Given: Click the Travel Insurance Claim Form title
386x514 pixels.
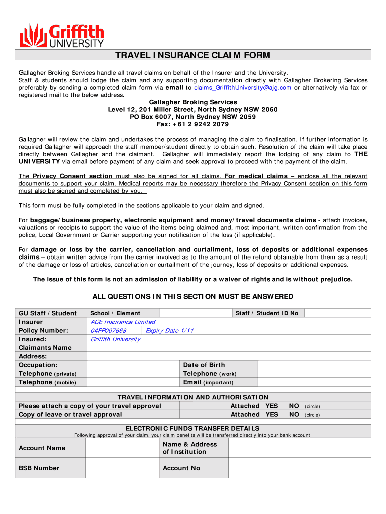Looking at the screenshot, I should coord(193,55).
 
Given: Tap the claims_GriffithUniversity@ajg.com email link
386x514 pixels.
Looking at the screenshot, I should coord(243,88).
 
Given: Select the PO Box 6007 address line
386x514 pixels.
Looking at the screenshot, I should coord(193,117).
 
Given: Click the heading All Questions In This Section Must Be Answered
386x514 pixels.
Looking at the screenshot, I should coord(193,297).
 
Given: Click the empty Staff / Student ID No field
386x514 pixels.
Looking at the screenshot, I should coord(337,313).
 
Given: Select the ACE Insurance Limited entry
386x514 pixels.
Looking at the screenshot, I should coord(123,322).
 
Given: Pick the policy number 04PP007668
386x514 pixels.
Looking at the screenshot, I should coord(108,330).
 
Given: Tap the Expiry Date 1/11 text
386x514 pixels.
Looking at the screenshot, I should coord(169,330).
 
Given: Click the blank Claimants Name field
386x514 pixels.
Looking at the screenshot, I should coord(229,348).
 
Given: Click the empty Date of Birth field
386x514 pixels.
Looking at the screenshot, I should coord(314,365).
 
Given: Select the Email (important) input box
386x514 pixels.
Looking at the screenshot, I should coord(314,382).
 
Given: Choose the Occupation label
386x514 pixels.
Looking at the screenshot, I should coord(38,365).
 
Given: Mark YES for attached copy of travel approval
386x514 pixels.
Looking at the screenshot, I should coord(272,406).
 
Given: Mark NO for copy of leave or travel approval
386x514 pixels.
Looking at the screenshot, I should coord(294,415).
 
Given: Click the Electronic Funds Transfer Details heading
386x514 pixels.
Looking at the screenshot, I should coord(193,428).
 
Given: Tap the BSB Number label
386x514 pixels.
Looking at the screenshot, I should coord(39,468).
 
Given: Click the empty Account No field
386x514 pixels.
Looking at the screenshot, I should coord(299,468).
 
